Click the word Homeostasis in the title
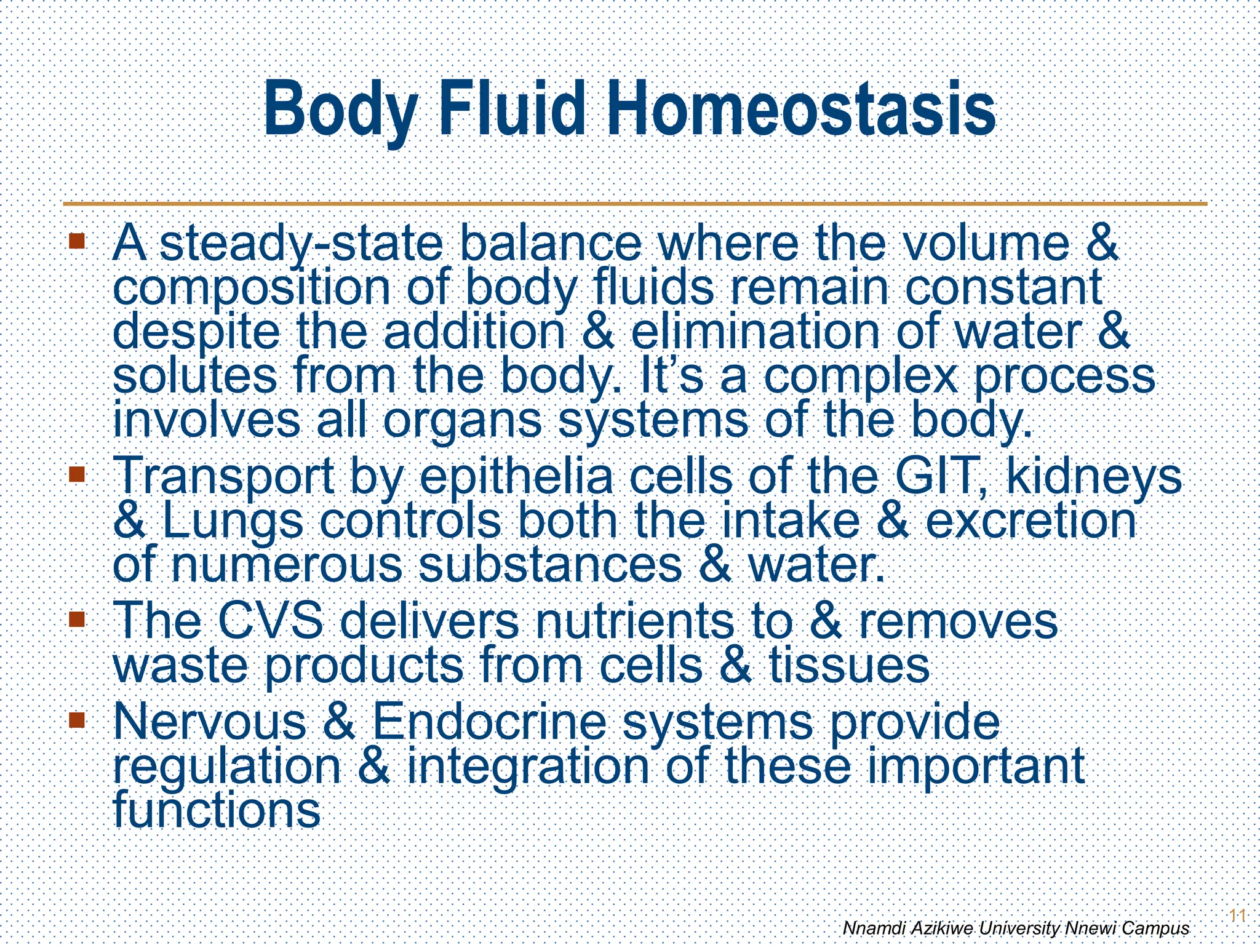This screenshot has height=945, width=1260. tap(801, 110)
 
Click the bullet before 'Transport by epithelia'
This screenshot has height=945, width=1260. tap(77, 474)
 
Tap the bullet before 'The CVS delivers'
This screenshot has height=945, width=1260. tap(77, 618)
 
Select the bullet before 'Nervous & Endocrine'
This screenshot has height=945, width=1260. tap(77, 719)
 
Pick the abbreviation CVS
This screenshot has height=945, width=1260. tap(270, 621)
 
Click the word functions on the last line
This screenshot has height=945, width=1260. tap(217, 810)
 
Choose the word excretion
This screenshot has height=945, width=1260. tap(1031, 521)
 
